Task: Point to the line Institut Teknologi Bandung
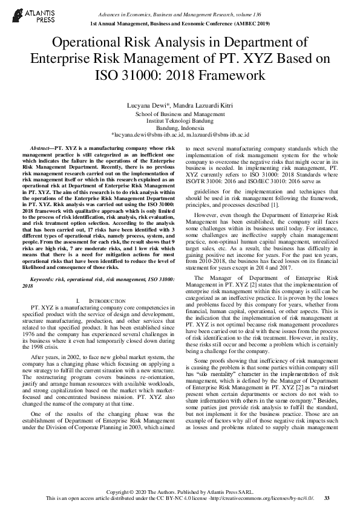coord(180,121)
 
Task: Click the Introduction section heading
coord(107,300)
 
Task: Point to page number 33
coord(327,498)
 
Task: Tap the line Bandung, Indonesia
coord(180,128)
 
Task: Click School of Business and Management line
coord(180,114)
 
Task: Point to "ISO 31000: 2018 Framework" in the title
coord(180,76)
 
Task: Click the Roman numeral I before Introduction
coord(79,300)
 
